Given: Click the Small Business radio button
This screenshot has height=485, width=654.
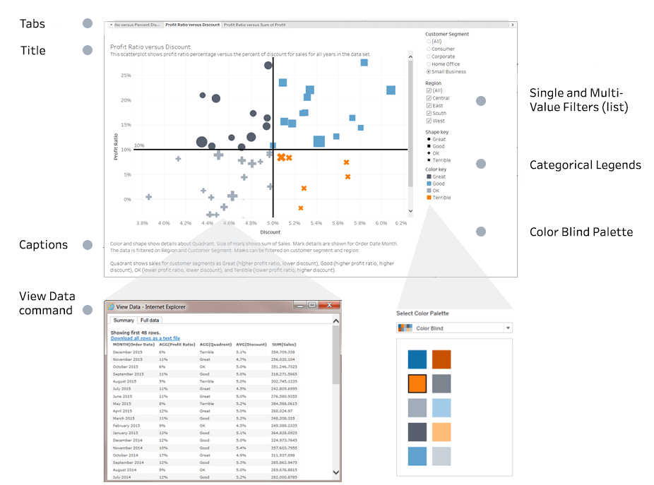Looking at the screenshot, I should point(428,72).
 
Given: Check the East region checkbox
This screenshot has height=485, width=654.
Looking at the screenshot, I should point(428,106).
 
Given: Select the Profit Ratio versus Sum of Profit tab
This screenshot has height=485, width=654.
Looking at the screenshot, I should point(255,25).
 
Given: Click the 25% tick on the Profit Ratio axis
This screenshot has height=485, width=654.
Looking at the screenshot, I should point(126,75).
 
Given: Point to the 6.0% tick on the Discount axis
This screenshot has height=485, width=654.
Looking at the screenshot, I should point(381,223).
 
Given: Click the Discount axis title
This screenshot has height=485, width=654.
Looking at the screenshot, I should point(270,232).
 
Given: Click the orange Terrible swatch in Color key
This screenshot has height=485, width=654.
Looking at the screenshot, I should point(429,198).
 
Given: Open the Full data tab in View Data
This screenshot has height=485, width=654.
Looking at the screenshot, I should point(149,321).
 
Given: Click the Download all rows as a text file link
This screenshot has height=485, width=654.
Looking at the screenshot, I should point(145,338).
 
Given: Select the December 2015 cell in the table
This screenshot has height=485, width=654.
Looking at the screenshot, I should point(133,352).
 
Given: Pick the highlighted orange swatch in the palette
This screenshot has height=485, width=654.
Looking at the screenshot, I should point(418,383).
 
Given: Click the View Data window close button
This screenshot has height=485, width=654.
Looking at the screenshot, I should point(331,306).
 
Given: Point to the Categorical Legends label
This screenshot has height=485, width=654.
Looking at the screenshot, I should point(585,165).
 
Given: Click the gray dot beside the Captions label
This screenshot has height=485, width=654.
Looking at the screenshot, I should point(88,245).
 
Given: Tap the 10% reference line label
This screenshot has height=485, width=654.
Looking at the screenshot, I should point(139,145).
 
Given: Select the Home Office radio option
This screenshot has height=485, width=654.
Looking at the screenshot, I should point(428,64).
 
